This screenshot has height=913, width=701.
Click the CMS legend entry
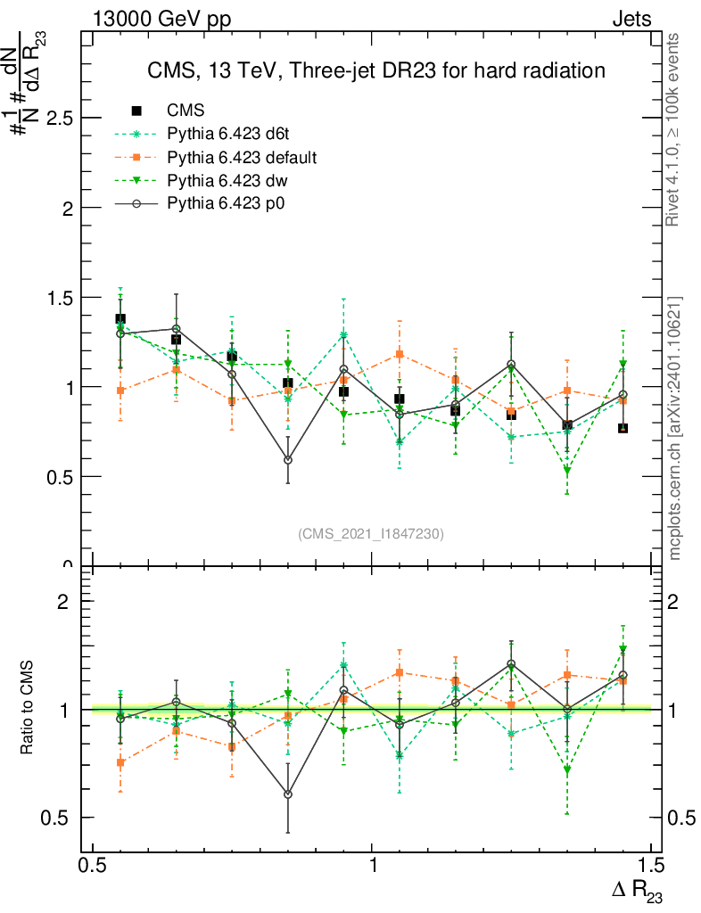(x=186, y=111)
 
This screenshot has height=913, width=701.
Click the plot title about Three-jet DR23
(x=376, y=70)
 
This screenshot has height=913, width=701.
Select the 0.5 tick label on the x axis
(x=93, y=866)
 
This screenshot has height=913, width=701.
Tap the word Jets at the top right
(x=631, y=19)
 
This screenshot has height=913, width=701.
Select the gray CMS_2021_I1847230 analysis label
(x=370, y=533)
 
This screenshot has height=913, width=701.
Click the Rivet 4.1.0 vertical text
(x=675, y=129)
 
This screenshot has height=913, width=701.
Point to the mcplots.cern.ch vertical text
(x=675, y=428)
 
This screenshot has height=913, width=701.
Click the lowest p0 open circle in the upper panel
(x=287, y=460)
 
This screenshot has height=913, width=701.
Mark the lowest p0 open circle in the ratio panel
(x=287, y=794)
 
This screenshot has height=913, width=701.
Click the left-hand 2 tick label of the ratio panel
(x=63, y=602)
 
